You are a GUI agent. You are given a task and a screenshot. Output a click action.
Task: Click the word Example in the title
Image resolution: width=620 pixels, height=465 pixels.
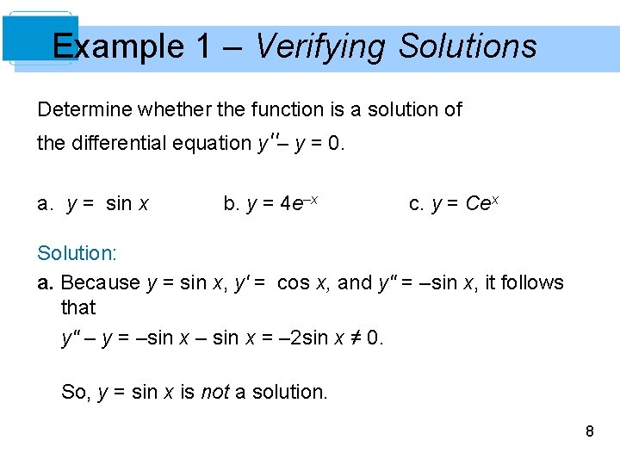[118, 46]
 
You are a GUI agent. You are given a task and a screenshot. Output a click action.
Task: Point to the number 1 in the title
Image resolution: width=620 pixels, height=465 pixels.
[203, 46]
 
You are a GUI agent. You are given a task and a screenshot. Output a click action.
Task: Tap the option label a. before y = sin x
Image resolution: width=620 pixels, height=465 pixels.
[46, 204]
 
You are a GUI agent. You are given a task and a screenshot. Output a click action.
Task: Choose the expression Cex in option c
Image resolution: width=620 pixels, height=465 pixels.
[482, 203]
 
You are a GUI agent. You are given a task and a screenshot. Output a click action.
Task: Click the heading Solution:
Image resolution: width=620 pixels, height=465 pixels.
[77, 253]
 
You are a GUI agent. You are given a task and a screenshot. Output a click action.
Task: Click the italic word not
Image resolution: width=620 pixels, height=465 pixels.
[214, 393]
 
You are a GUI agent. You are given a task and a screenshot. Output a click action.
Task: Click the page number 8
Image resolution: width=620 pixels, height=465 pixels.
[589, 431]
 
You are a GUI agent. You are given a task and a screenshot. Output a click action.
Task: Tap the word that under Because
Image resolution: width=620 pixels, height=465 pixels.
[77, 307]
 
